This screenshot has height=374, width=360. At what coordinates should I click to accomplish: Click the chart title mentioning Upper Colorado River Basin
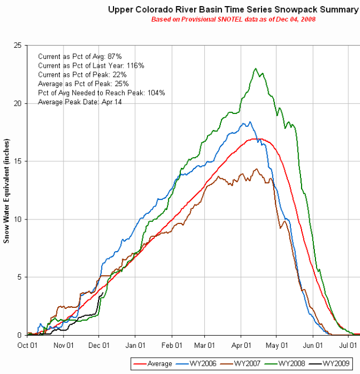tap(233, 9)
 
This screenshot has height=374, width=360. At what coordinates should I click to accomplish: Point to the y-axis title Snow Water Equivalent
tap(7, 190)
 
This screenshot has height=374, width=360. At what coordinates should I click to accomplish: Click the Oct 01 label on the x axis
tap(27, 345)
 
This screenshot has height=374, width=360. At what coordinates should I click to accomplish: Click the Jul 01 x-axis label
tap(348, 345)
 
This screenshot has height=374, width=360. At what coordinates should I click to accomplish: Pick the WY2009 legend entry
tap(336, 363)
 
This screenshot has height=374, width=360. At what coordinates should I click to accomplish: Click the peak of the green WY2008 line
tap(255, 68)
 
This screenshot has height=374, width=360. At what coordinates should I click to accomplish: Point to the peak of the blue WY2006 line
tap(250, 122)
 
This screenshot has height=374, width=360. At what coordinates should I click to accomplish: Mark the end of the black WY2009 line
tap(102, 293)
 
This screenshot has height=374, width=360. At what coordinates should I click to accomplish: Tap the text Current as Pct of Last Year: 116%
tap(91, 66)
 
